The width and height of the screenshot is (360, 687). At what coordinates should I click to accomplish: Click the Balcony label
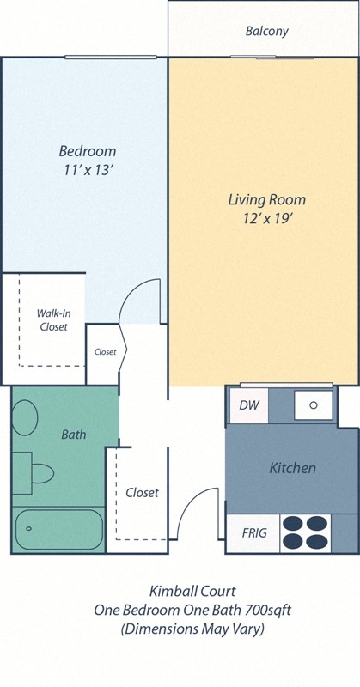(266, 32)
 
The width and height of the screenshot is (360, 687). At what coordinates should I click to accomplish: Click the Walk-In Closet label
(52, 319)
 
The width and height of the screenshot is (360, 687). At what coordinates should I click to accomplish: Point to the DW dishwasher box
(249, 405)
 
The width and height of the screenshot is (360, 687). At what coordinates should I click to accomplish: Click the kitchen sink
(314, 404)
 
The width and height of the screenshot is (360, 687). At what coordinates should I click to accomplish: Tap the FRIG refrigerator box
(254, 533)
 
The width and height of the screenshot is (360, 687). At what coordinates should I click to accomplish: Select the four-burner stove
(305, 532)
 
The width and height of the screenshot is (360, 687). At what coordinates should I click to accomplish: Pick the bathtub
(58, 530)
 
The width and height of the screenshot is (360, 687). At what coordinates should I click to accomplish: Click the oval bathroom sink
(25, 418)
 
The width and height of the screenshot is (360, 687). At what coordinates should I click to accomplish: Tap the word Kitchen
(292, 468)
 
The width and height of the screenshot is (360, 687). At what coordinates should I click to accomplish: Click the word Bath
(74, 435)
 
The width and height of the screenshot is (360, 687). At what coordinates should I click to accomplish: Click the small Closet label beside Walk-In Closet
(105, 352)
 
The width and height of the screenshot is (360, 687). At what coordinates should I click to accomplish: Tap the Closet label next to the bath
(142, 493)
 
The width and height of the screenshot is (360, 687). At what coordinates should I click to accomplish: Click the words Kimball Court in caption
(180, 592)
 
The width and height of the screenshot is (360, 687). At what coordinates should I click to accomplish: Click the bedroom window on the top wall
(110, 58)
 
